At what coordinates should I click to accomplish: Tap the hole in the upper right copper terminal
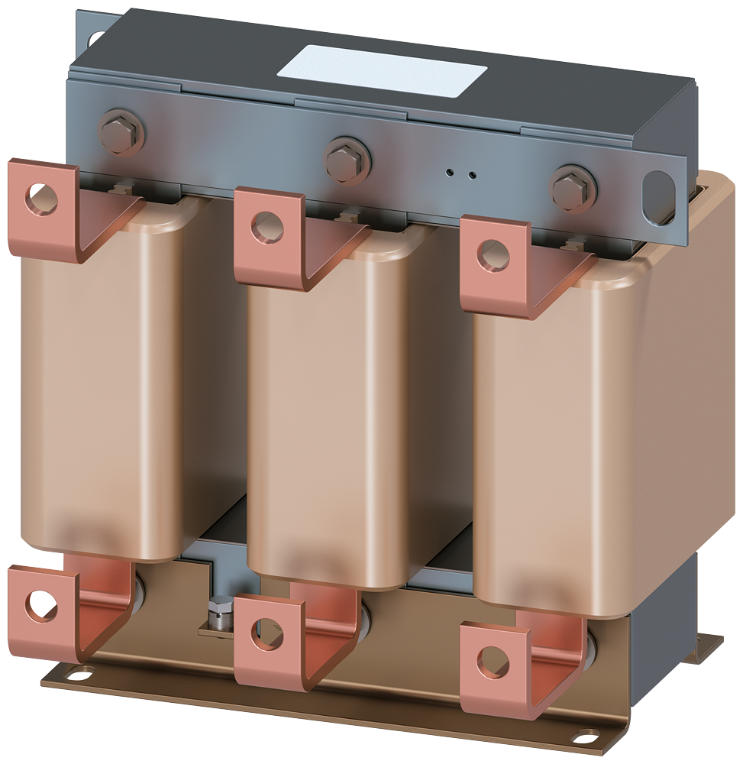(493, 254)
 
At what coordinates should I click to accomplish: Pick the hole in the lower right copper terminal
(492, 659)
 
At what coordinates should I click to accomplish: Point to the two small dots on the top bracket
(461, 173)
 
